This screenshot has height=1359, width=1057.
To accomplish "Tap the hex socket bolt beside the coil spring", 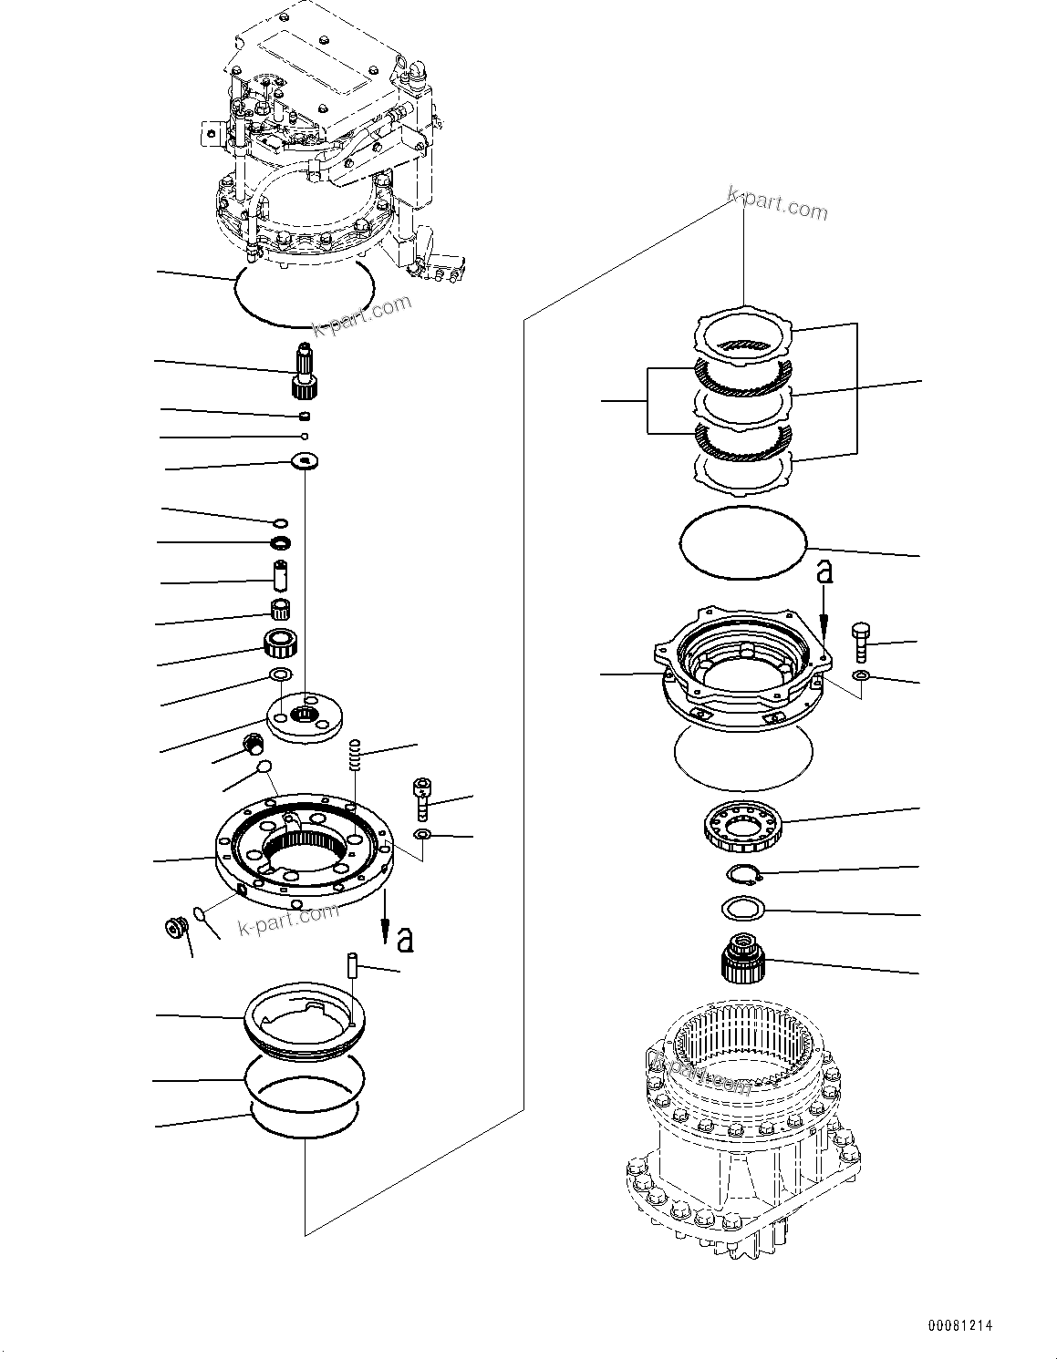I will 421,798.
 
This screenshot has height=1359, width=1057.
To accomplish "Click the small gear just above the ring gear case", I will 741,958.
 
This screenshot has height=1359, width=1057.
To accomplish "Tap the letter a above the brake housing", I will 824,571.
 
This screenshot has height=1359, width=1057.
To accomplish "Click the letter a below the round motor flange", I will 404,939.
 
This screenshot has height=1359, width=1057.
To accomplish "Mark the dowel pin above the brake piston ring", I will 352,966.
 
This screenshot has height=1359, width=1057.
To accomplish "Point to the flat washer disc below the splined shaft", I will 303,462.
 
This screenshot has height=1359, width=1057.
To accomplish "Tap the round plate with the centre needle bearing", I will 303,715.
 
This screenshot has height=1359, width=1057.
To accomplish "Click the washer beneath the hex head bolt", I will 860,675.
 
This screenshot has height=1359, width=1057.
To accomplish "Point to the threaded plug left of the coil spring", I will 254,745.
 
